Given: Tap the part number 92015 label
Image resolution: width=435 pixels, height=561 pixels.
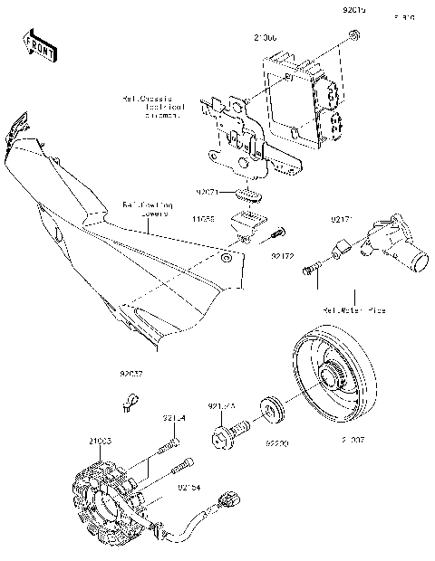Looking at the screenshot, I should pos(354,11).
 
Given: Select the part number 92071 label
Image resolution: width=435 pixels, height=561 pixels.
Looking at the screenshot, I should pos(208,193).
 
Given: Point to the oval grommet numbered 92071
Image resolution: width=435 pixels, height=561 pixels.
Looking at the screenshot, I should pos(248,194).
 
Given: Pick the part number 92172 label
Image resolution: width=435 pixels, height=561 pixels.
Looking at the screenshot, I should pos(282,257).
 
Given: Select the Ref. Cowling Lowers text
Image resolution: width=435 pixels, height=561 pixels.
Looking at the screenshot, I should pos(146,210).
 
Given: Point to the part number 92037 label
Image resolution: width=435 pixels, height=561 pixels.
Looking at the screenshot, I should pos(131,371).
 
